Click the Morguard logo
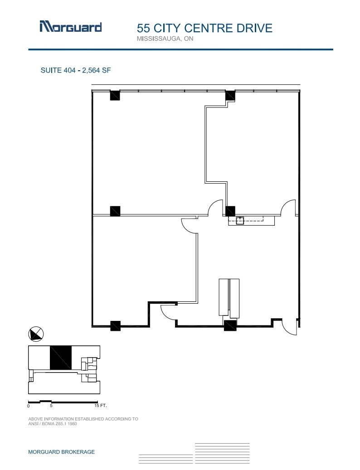70,27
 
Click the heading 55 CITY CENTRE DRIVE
204,28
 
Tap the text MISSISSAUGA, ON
165,39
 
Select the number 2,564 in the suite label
92,70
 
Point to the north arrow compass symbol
36,334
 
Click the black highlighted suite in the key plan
60,358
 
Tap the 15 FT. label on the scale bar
100,406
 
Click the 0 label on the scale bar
29,406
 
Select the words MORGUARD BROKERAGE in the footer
62,452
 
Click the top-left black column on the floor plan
115,96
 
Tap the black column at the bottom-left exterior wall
115,326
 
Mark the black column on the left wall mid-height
115,211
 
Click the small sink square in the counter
240,220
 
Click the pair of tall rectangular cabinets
229,298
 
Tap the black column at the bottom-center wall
230,325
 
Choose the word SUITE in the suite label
51,70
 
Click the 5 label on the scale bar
51,406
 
